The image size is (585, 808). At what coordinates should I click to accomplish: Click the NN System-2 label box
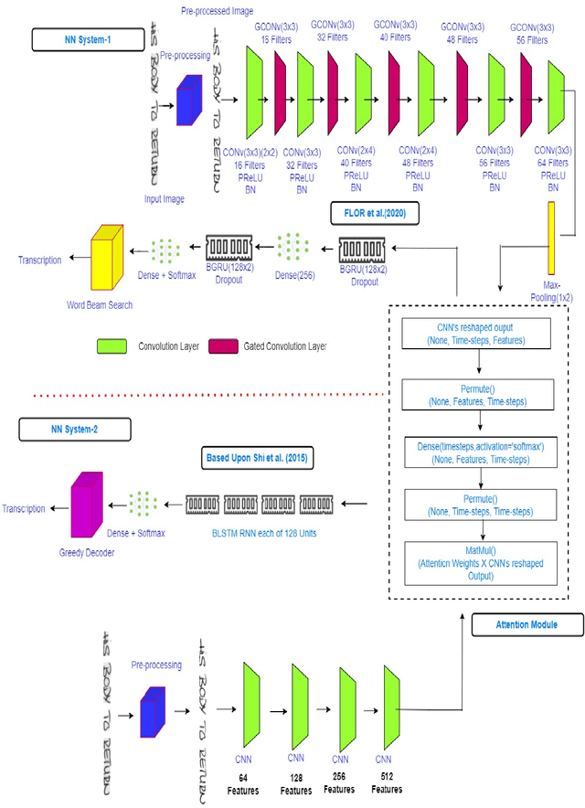tap(71, 427)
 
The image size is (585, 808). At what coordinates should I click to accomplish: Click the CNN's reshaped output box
tap(480, 332)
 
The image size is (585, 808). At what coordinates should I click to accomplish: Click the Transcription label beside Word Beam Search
tap(39, 260)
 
